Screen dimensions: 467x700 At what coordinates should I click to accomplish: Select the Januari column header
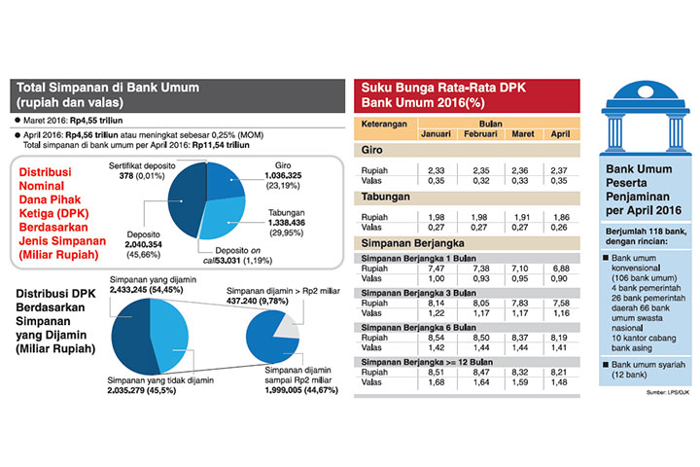tap(439, 134)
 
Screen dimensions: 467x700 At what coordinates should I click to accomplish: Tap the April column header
tap(560, 134)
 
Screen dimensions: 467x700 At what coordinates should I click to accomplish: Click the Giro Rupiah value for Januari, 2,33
tap(439, 170)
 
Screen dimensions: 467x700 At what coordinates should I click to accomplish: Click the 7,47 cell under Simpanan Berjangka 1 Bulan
tap(439, 268)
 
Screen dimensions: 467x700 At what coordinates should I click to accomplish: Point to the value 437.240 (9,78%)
tap(259, 302)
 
